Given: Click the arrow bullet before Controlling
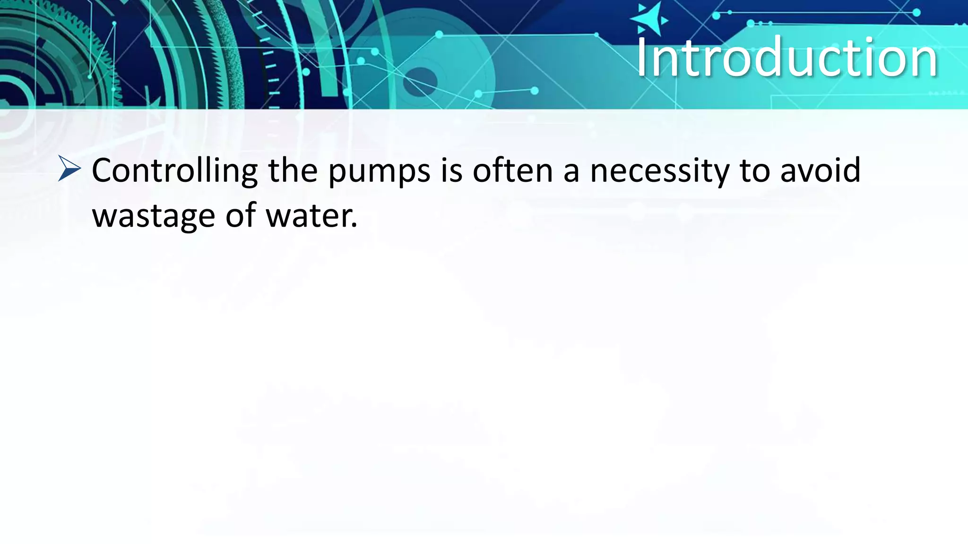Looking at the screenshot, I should (69, 169).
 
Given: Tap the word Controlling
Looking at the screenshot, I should (174, 171).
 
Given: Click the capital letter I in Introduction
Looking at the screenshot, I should (642, 58).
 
